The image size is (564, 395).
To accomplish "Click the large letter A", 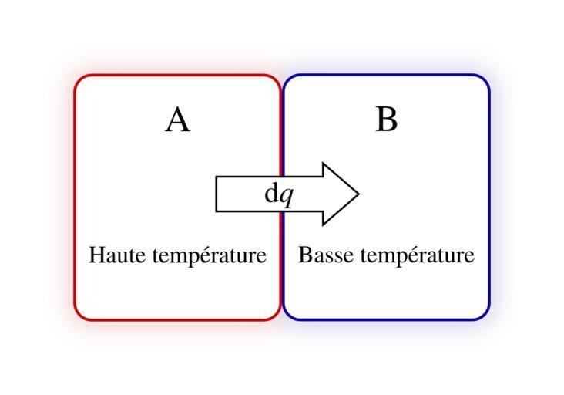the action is click(178, 120).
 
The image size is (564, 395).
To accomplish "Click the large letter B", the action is click(387, 119).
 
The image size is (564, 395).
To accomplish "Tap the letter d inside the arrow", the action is click(271, 193).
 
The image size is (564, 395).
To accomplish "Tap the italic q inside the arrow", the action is click(287, 197).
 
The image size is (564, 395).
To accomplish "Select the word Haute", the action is click(117, 255).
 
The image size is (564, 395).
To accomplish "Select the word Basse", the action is click(325, 255).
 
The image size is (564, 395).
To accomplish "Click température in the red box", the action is click(210, 255).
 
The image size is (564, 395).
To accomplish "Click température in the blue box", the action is click(418, 255).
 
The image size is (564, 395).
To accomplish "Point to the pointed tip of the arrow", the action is click(359, 194).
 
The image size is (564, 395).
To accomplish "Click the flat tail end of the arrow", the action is click(217, 194).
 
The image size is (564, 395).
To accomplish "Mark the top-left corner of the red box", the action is click(75, 75).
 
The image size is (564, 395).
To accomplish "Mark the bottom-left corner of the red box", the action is click(75, 319).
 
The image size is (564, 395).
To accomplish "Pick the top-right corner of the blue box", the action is click(489, 75).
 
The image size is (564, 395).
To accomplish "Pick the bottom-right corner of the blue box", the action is click(489, 319).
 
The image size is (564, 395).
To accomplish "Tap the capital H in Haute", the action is click(96, 255).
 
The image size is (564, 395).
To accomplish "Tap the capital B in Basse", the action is click(304, 255).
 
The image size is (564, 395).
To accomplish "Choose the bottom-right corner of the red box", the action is click(280, 319).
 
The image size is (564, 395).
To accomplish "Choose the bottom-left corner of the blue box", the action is click(284, 319).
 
